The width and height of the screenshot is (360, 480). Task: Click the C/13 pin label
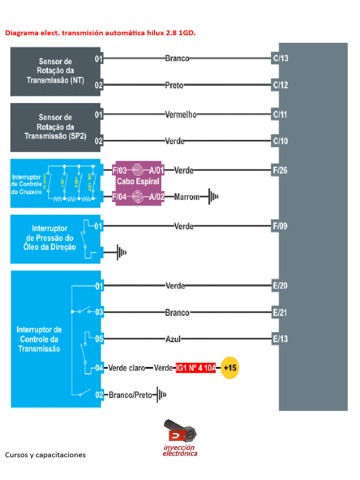click(x=280, y=59)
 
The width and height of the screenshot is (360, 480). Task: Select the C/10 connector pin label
click(x=280, y=141)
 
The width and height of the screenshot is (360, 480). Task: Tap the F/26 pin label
click(x=280, y=170)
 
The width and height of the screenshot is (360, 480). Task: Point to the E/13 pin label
click(x=280, y=339)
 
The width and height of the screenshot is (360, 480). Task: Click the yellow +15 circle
click(x=230, y=368)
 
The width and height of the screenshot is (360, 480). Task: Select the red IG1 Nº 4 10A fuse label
click(x=196, y=368)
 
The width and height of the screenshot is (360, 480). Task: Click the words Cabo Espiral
click(x=138, y=181)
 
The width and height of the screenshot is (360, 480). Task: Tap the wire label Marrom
click(x=187, y=197)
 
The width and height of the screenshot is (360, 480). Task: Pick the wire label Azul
click(x=173, y=339)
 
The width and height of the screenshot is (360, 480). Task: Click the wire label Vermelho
click(x=181, y=114)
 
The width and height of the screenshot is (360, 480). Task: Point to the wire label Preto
click(x=174, y=85)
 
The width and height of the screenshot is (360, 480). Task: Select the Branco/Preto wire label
click(x=131, y=395)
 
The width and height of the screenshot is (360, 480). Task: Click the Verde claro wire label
click(x=127, y=368)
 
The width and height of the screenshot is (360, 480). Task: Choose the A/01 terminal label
click(x=157, y=170)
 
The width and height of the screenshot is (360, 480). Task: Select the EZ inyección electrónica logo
click(x=180, y=438)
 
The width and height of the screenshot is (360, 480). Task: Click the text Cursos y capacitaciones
click(x=45, y=455)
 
